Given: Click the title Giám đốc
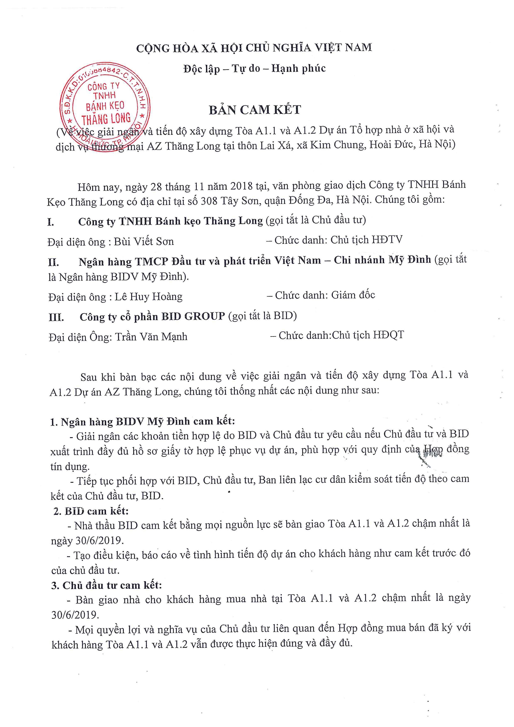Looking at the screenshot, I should click(x=353, y=295).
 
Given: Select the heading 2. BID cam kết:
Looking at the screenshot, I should click(x=91, y=511).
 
